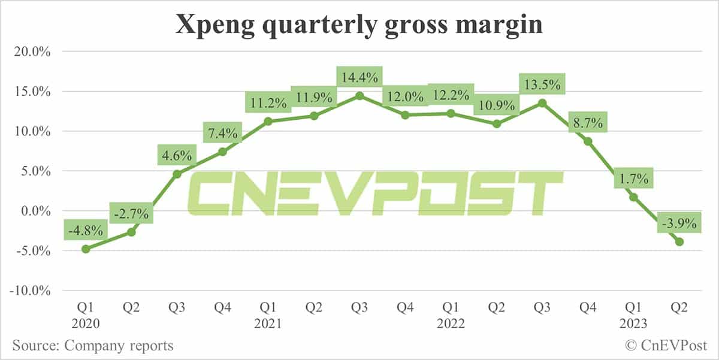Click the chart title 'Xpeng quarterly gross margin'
(x=359, y=26)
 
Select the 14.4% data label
(x=359, y=78)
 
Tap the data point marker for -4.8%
(x=86, y=249)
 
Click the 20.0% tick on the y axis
(x=32, y=52)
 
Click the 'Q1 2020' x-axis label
(x=86, y=314)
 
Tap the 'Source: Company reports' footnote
(x=92, y=346)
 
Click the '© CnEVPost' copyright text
(x=666, y=346)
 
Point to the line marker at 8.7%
(x=588, y=141)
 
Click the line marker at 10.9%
(x=497, y=124)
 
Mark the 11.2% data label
(x=268, y=104)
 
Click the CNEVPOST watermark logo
(x=374, y=193)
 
